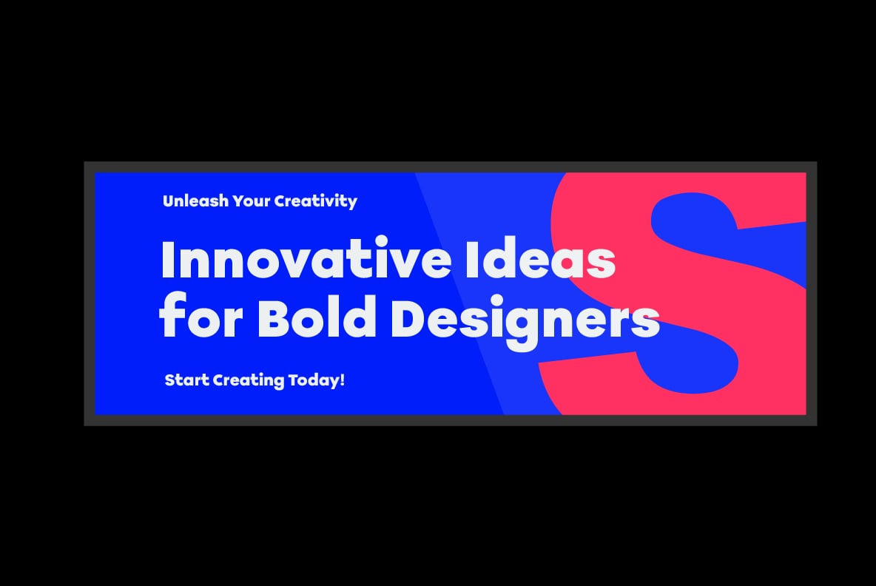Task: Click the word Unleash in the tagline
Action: [195, 201]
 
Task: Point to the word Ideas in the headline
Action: [540, 259]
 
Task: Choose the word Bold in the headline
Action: [316, 317]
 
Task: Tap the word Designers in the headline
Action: [525, 321]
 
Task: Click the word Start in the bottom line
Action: [186, 380]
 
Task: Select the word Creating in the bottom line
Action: [249, 380]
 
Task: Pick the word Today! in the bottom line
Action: [316, 380]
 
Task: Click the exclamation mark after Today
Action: [342, 380]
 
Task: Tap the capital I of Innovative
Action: [168, 258]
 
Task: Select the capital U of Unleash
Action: [169, 201]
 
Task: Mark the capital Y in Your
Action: [238, 201]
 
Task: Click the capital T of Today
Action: [293, 380]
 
